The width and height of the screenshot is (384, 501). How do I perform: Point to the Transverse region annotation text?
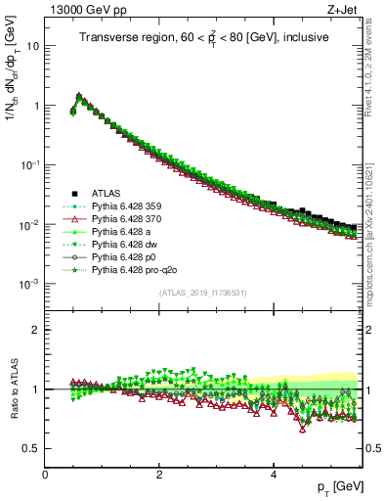[203, 38]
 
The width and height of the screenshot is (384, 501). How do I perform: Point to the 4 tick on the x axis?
[273, 474]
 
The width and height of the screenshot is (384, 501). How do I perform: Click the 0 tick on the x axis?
[45, 474]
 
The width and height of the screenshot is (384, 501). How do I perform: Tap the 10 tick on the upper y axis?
[33, 46]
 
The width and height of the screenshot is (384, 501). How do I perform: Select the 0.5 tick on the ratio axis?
[31, 448]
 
